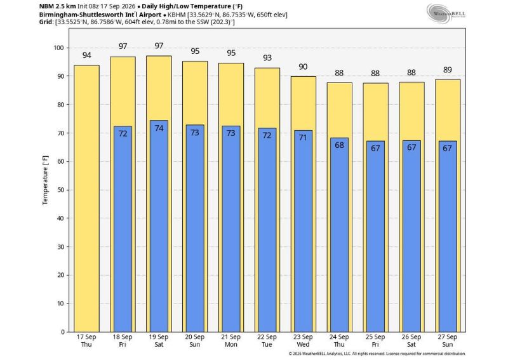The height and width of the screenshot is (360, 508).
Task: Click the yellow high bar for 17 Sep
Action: click(x=86, y=198)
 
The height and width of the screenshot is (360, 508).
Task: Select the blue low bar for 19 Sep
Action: click(x=159, y=226)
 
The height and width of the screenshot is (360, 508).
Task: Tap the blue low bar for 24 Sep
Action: click(x=339, y=235)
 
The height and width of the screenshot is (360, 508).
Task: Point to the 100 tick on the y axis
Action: click(x=58, y=48)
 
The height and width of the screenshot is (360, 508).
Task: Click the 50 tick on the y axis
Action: click(x=60, y=190)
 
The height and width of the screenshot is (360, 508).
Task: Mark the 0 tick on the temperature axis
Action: click(x=62, y=332)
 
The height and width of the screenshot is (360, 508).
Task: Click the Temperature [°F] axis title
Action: click(x=45, y=180)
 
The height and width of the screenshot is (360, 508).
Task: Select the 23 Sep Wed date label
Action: click(x=303, y=340)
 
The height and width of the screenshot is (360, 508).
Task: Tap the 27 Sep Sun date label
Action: click(x=448, y=340)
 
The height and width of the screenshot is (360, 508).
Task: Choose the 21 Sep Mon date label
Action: click(x=231, y=340)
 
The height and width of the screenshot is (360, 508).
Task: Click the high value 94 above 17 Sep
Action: click(x=86, y=55)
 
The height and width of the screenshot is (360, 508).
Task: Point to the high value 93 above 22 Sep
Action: click(x=267, y=58)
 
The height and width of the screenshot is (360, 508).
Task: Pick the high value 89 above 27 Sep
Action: click(x=448, y=70)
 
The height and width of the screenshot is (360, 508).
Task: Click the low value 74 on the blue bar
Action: click(x=159, y=128)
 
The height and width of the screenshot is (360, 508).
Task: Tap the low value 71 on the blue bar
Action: click(x=303, y=137)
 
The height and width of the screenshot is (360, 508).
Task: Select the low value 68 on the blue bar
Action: click(x=339, y=145)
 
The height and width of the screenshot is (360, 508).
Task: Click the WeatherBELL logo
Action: click(x=446, y=13)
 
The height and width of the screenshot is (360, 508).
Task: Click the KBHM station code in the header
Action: click(x=177, y=15)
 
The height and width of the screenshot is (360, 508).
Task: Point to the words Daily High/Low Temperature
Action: click(x=186, y=6)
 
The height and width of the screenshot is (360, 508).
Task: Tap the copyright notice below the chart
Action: click(x=377, y=354)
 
